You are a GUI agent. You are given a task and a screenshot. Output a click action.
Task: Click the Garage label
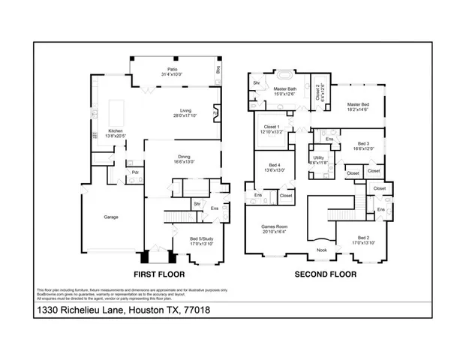coord(110,217)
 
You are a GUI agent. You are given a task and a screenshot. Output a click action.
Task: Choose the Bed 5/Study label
coord(201,241)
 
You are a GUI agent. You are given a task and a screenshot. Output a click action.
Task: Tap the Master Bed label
coord(356,107)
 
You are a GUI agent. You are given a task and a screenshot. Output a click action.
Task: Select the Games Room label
coord(274,229)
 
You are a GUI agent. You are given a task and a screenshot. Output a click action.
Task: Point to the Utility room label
coord(320,160)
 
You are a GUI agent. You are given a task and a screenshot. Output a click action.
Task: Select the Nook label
coord(321,250)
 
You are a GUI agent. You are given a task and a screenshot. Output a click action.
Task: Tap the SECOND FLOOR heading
coord(324,274)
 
